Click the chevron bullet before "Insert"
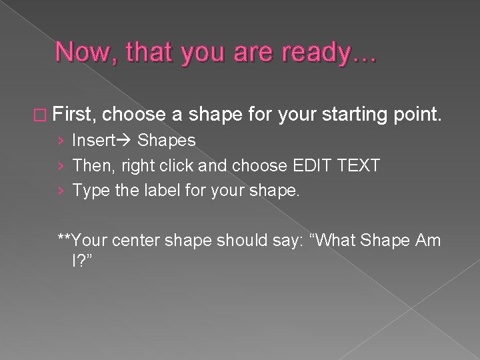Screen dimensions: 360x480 coord(61,141)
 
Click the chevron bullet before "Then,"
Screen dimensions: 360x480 coord(61,166)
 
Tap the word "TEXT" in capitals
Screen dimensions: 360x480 coord(358,165)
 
